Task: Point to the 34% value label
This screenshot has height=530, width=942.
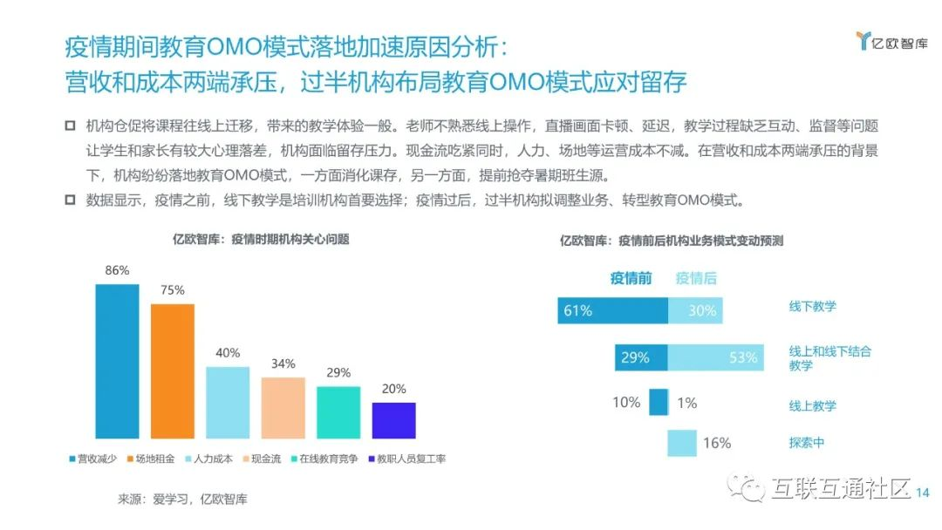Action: [283, 364]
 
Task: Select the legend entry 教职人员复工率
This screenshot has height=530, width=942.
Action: [406, 459]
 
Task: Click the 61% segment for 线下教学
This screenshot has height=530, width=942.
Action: [612, 310]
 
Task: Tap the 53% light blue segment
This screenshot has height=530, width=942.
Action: [715, 357]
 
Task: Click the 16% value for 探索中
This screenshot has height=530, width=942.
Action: [717, 443]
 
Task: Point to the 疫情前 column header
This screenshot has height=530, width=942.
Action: [631, 279]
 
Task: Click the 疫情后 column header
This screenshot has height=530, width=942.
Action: [696, 279]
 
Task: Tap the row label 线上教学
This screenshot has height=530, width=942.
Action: [813, 405]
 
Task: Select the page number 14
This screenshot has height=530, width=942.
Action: [924, 493]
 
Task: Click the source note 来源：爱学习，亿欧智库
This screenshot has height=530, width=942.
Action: [182, 499]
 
